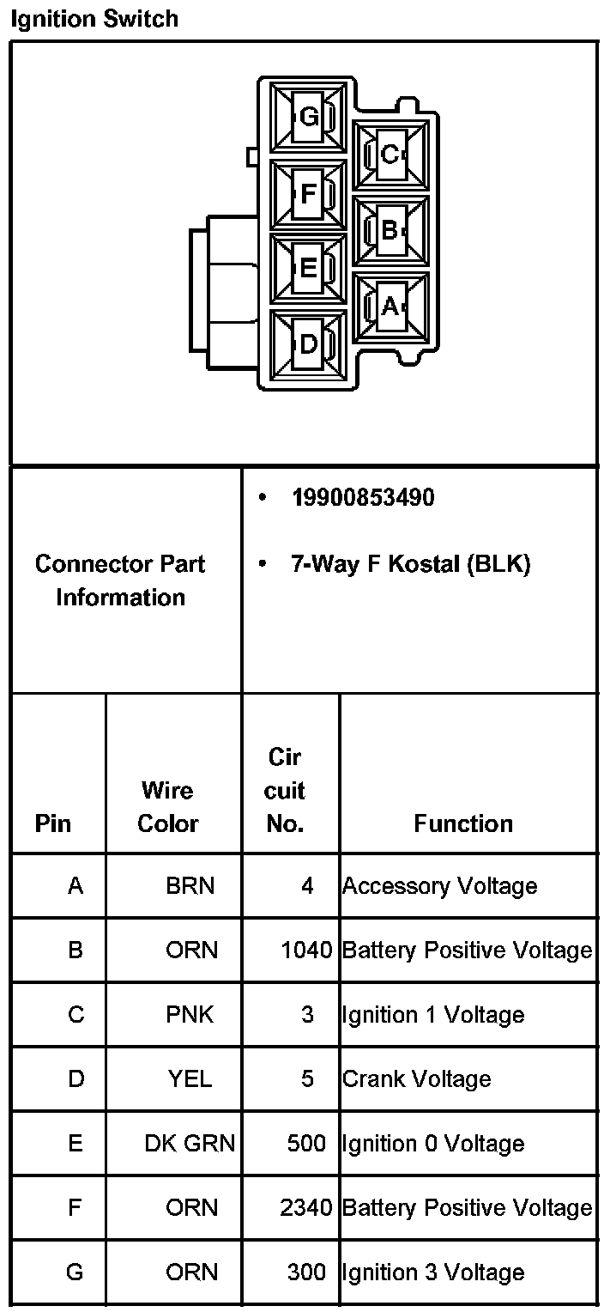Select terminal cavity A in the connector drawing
tap(391, 306)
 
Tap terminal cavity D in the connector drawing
tap(308, 344)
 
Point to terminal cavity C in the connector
tap(391, 155)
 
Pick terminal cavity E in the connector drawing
tap(308, 269)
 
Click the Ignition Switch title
tap(94, 19)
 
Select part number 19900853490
tap(363, 498)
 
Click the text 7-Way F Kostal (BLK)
tap(411, 564)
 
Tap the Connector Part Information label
tap(120, 580)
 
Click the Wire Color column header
tap(168, 807)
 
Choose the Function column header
tap(463, 824)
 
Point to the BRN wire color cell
tap(190, 886)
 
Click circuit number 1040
tap(306, 951)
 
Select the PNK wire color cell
tap(190, 1015)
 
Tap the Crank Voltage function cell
tap(417, 1079)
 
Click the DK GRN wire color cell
tap(190, 1144)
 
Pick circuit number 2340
tap(306, 1208)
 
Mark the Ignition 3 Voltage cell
tap(433, 1273)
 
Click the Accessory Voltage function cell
tap(440, 886)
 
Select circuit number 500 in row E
tap(307, 1144)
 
